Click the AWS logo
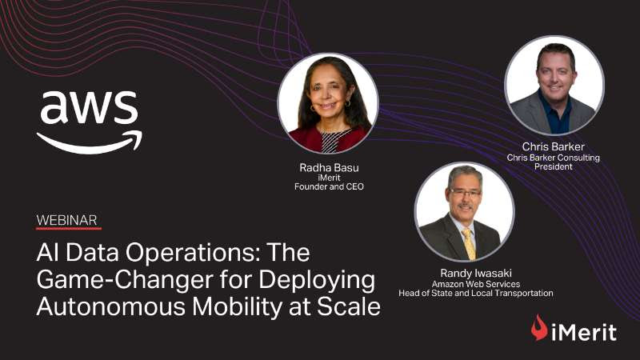pyautogui.click(x=90, y=122)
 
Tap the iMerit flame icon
pyautogui.click(x=539, y=327)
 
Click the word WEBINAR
pyautogui.click(x=66, y=221)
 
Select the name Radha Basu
pyautogui.click(x=329, y=167)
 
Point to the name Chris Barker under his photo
pyautogui.click(x=553, y=146)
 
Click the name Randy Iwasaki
pyautogui.click(x=476, y=273)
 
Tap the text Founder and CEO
pyautogui.click(x=329, y=186)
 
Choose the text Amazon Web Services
pyautogui.click(x=476, y=284)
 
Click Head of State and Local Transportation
pyautogui.click(x=476, y=293)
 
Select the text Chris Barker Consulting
pyautogui.click(x=553, y=158)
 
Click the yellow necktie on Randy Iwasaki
pyautogui.click(x=469, y=244)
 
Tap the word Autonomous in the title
pyautogui.click(x=111, y=306)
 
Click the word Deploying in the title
pyautogui.click(x=317, y=281)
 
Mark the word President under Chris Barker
pyautogui.click(x=553, y=166)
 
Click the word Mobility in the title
pyautogui.click(x=237, y=307)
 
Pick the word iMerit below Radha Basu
pyautogui.click(x=329, y=178)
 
